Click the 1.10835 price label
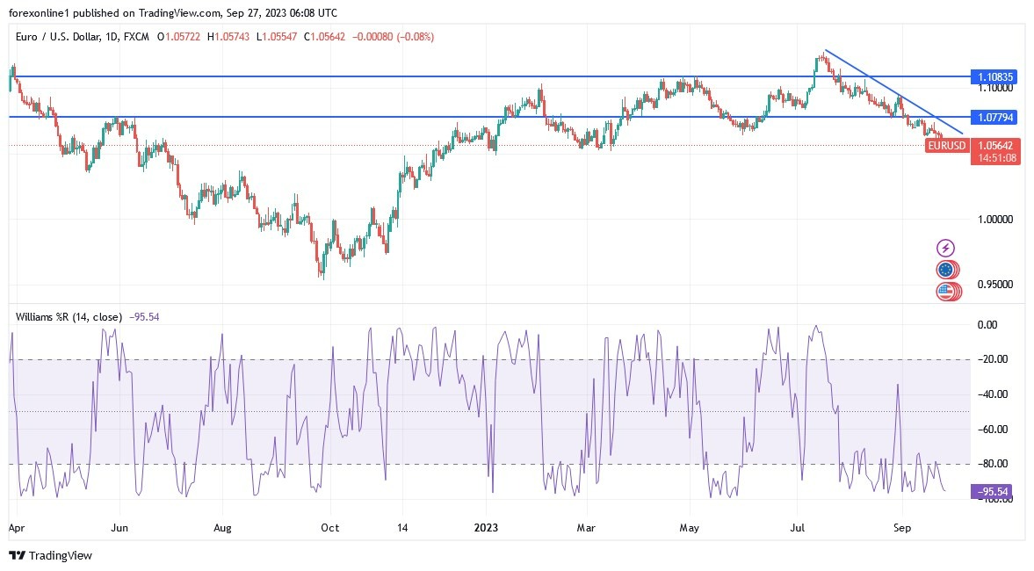(995, 77)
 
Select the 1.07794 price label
(995, 117)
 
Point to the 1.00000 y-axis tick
(995, 219)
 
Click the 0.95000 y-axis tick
(995, 285)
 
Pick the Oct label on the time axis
(329, 529)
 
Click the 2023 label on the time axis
(486, 529)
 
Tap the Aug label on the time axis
(222, 529)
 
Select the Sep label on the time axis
(901, 529)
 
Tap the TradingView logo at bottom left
(50, 555)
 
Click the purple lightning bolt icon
(946, 249)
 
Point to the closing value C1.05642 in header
(309, 37)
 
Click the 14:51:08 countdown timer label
(995, 158)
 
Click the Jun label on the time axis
(120, 529)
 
